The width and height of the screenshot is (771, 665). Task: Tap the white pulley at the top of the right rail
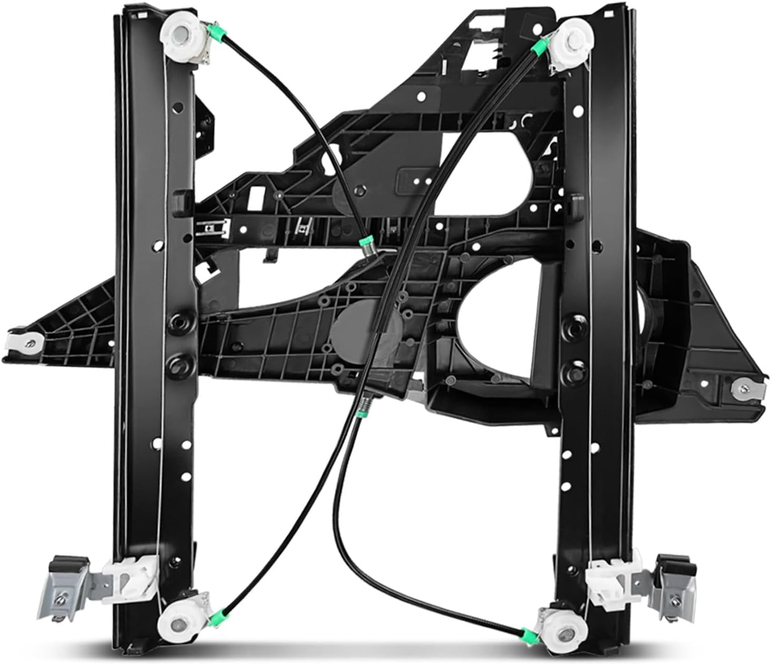[x=569, y=38]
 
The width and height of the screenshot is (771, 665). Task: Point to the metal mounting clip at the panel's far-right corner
[x=743, y=388]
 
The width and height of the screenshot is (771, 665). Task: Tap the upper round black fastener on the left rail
[x=175, y=322]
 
